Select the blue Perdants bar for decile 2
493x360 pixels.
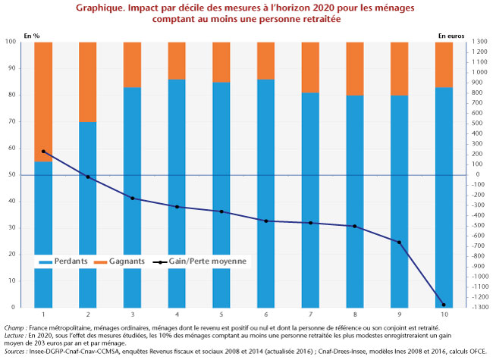[88, 212]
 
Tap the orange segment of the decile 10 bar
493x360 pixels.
[443, 64]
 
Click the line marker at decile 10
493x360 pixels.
[443, 305]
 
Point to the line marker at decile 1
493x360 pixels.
[43, 152]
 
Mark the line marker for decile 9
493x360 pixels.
[399, 242]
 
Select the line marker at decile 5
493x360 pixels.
[221, 211]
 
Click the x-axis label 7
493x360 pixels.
[310, 315]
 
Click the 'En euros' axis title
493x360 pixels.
[453, 35]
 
